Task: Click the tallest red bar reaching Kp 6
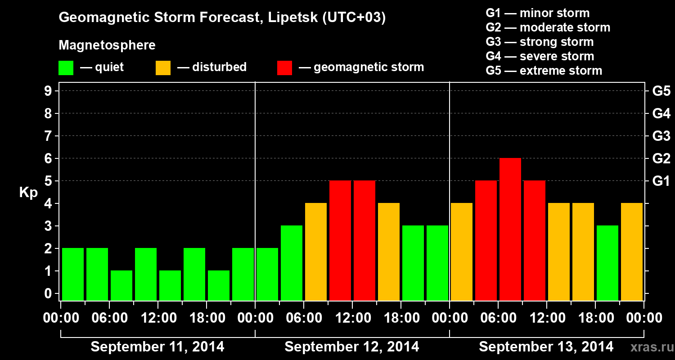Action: [x=510, y=229]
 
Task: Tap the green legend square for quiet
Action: [x=66, y=68]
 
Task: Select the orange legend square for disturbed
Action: [x=163, y=68]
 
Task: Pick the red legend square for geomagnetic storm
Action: [x=284, y=68]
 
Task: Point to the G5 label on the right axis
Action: [x=661, y=91]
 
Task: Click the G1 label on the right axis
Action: [x=661, y=181]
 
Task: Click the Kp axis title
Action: [x=28, y=193]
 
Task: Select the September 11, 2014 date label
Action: [x=157, y=347]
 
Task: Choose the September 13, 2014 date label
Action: [x=546, y=347]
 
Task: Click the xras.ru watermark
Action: [x=651, y=347]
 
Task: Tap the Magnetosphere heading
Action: [x=107, y=45]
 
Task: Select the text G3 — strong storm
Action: [x=540, y=42]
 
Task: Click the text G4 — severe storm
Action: [x=540, y=56]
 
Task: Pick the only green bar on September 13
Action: [x=607, y=263]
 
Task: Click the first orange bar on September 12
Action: [x=315, y=252]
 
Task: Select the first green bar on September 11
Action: [x=73, y=274]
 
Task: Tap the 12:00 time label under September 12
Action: [x=352, y=318]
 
